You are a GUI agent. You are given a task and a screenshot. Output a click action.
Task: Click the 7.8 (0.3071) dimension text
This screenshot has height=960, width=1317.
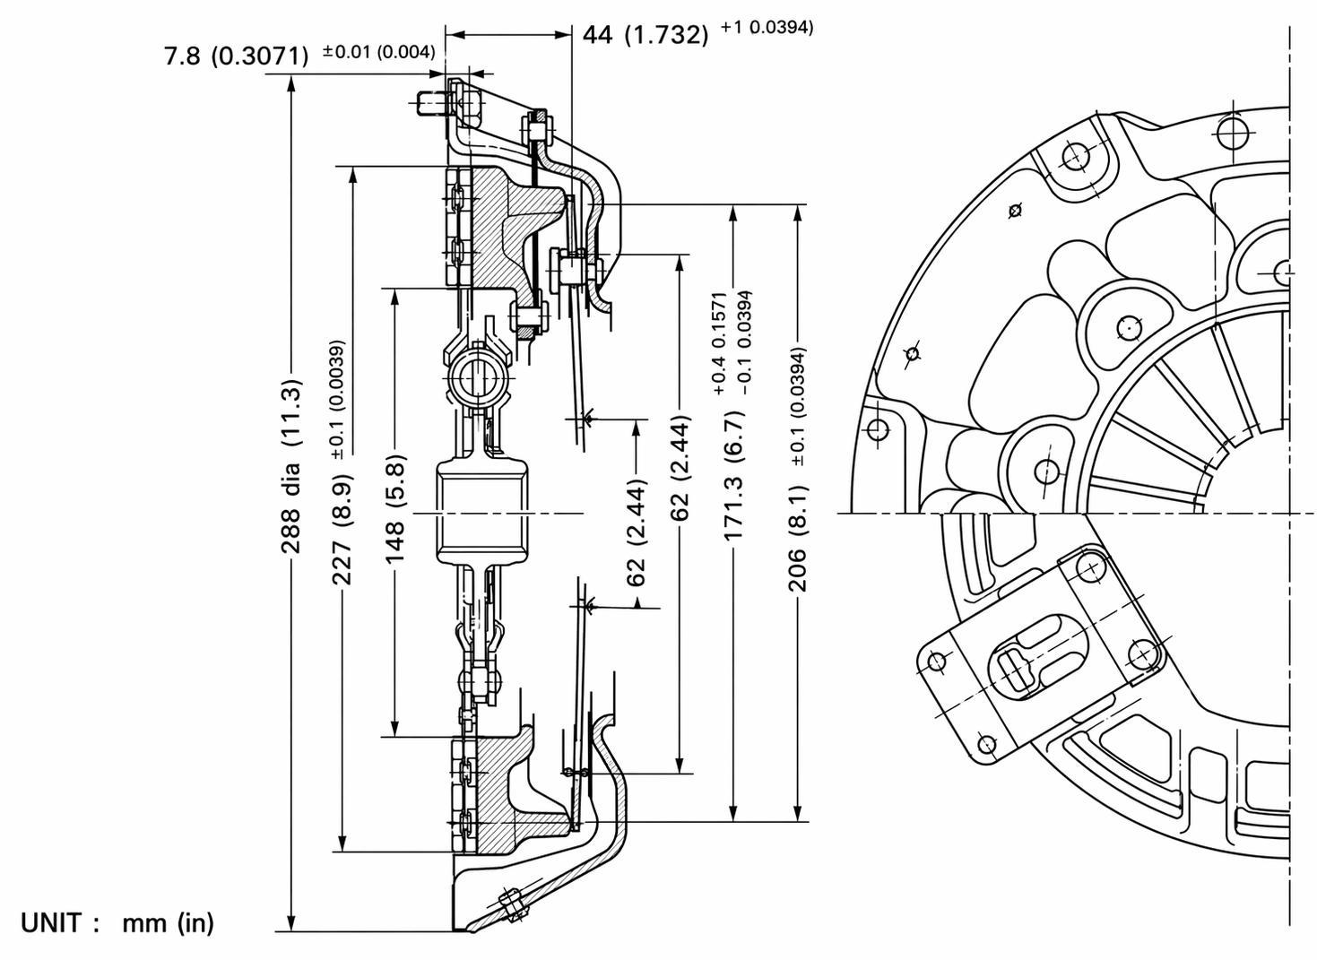point(236,56)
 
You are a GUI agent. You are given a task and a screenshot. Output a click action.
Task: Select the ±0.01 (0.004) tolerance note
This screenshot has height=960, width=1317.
point(378,52)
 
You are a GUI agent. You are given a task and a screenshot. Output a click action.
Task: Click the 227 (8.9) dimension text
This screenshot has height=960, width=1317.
point(343,528)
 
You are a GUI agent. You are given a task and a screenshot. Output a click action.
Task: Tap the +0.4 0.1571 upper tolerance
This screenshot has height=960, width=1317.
point(719,343)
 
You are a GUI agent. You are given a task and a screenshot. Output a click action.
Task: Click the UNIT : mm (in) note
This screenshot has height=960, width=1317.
point(117,922)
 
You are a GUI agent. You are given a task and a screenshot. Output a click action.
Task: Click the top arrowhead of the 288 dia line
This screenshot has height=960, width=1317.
point(291,83)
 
